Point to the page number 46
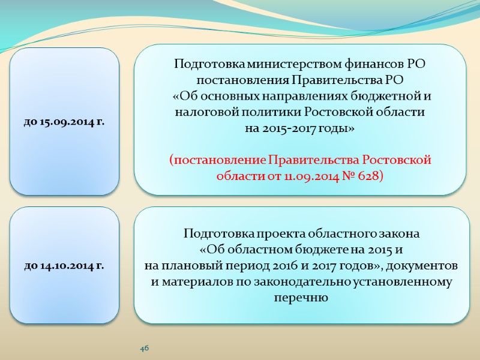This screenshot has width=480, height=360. (x=144, y=348)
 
